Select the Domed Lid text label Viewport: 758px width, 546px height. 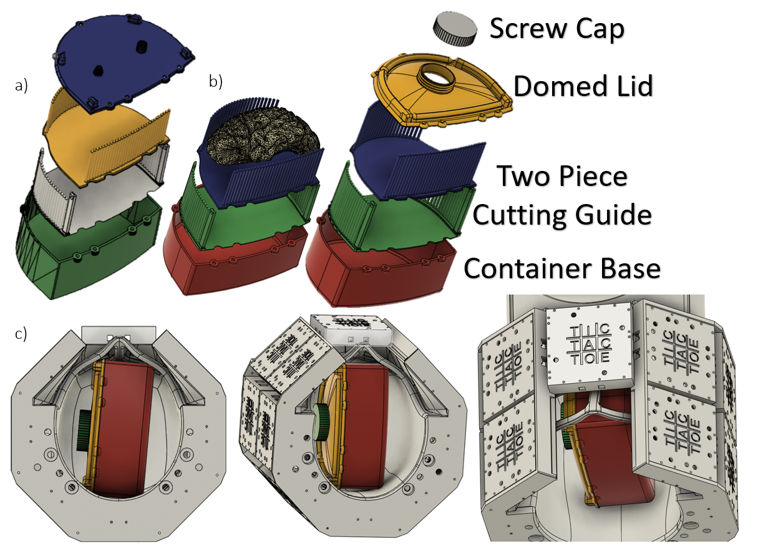(x=583, y=85)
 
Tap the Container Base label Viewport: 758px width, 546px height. (x=561, y=268)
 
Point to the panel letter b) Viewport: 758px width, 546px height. (x=216, y=81)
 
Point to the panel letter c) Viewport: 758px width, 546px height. (x=21, y=334)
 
